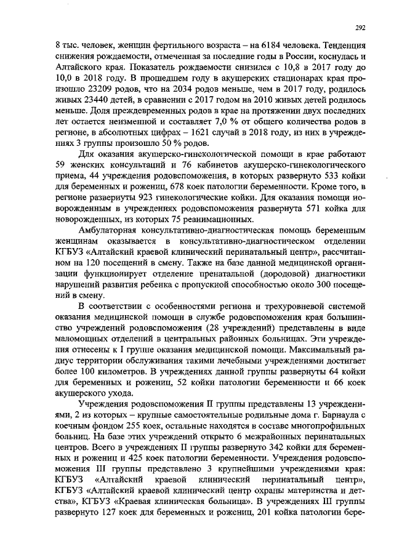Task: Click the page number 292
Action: [x=362, y=27]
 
